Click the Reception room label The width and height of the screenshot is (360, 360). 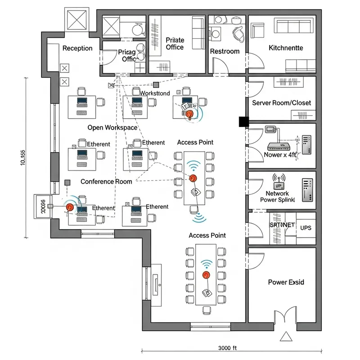point(77,48)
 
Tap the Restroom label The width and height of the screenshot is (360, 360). point(225,51)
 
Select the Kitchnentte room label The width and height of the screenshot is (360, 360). point(286,48)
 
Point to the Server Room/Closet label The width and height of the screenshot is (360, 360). point(281,103)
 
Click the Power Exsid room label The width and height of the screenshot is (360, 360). point(286,282)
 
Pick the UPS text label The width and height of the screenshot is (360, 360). point(306,228)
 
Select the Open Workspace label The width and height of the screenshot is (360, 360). point(112,127)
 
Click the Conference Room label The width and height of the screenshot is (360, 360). point(106,181)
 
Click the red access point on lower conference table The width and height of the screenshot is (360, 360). point(206,274)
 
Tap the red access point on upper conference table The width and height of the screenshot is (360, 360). point(193,178)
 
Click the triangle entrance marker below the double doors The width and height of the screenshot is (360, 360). point(285,337)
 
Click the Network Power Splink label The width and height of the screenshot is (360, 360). point(277,196)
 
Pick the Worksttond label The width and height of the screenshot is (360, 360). point(155,93)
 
